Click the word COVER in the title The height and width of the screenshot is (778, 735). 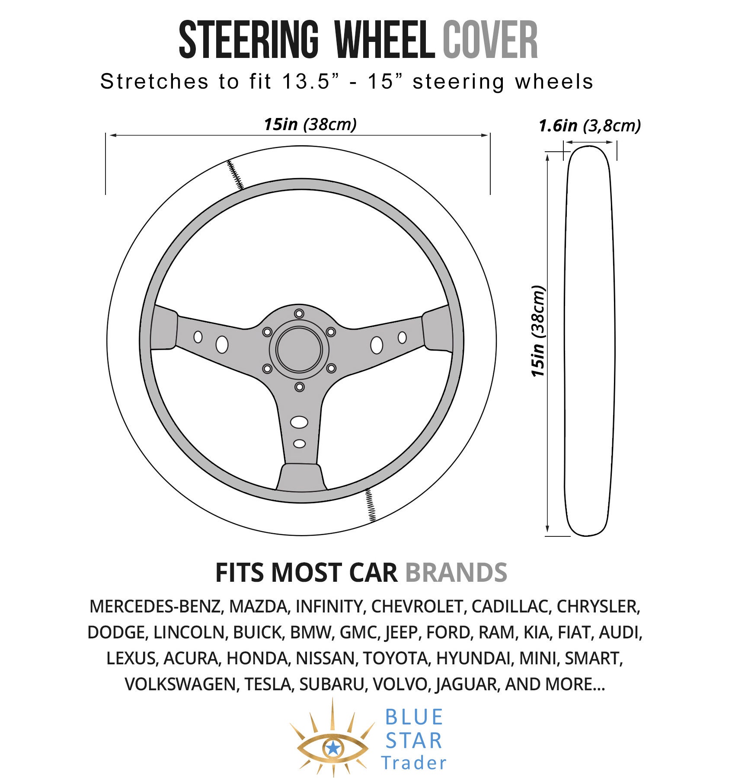pyautogui.click(x=490, y=40)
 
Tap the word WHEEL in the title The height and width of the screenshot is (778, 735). pyautogui.click(x=385, y=40)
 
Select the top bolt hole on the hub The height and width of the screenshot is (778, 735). pyautogui.click(x=299, y=313)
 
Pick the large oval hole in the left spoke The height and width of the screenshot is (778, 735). pyautogui.click(x=222, y=344)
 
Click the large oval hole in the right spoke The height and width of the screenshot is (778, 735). pyautogui.click(x=377, y=344)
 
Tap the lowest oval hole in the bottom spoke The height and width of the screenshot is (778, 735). pyautogui.click(x=299, y=443)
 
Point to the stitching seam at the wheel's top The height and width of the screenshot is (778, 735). pyautogui.click(x=236, y=175)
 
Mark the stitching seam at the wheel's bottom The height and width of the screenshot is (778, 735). pyautogui.click(x=371, y=505)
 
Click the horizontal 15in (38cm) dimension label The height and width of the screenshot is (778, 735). pyautogui.click(x=310, y=124)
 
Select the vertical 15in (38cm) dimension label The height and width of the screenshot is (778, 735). pyautogui.click(x=538, y=331)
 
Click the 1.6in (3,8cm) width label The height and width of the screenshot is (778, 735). pyautogui.click(x=590, y=126)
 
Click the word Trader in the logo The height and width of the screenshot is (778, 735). pyautogui.click(x=413, y=763)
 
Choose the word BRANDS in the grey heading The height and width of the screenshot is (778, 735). pyautogui.click(x=456, y=573)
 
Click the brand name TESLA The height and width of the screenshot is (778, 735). pyautogui.click(x=267, y=684)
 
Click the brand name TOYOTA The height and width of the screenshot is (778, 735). pyautogui.click(x=395, y=658)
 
